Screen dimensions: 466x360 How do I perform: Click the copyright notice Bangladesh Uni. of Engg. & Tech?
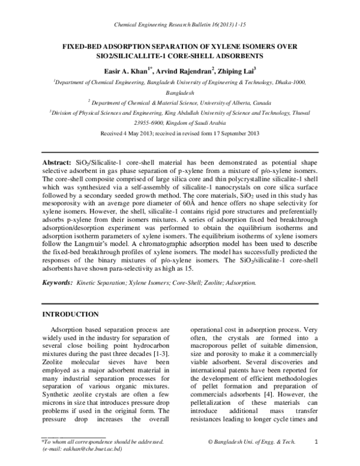tap(252, 442)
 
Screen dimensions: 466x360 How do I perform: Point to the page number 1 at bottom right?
tap(316, 442)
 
